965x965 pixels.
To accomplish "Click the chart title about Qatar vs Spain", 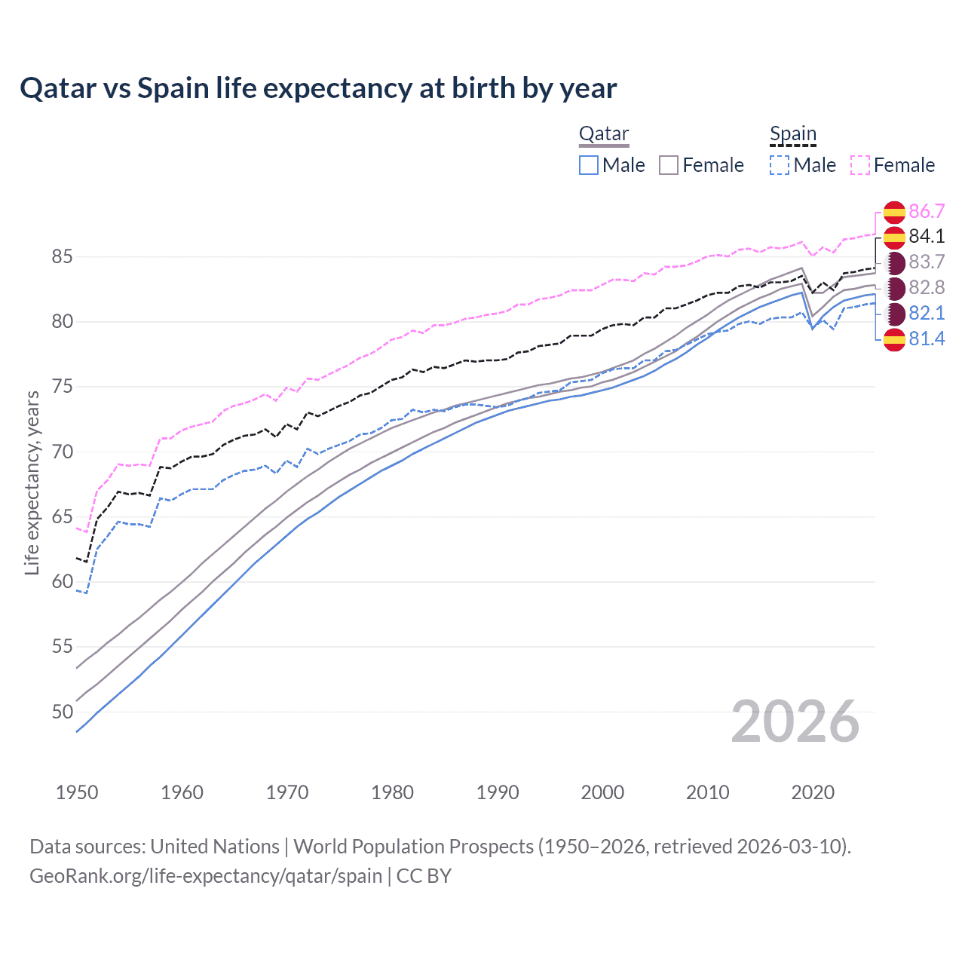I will (318, 88).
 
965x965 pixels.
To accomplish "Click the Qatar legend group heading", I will (603, 134).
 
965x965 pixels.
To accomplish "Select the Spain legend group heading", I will (792, 134).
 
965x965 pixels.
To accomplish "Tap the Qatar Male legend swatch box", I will (589, 165).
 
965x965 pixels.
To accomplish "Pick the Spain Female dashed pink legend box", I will (860, 165).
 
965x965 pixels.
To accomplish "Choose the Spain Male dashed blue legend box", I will (780, 165).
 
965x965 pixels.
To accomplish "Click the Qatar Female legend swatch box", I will (669, 165).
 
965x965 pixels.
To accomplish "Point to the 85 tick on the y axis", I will (62, 257).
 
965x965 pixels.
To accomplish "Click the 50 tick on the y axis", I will (62, 712).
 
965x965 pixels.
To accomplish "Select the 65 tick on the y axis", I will (62, 517).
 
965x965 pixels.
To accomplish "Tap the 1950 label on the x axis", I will (77, 792).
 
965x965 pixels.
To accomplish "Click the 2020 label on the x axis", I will (813, 792).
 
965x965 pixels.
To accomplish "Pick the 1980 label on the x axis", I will (392, 792).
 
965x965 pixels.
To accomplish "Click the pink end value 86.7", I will (927, 211).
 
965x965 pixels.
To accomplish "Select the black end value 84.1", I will (927, 237).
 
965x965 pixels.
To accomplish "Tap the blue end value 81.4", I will (927, 339).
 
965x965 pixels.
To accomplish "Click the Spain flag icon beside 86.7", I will (894, 212).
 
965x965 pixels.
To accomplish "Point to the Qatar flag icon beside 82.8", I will (895, 288).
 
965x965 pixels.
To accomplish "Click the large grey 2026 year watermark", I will (795, 721).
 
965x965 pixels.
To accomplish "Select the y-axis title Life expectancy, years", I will (32, 482).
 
